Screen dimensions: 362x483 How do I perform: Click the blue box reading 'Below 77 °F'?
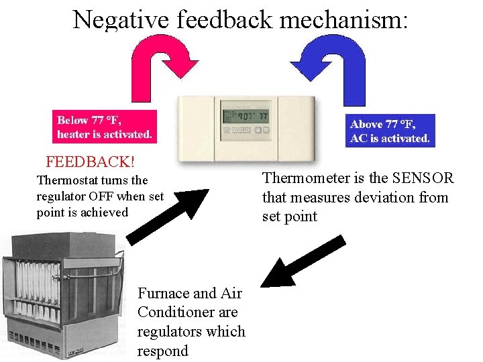click(x=105, y=127)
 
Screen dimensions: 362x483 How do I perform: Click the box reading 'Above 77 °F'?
click(x=390, y=131)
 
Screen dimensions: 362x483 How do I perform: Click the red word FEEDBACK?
click(x=90, y=162)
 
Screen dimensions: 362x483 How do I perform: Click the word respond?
click(x=162, y=351)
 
